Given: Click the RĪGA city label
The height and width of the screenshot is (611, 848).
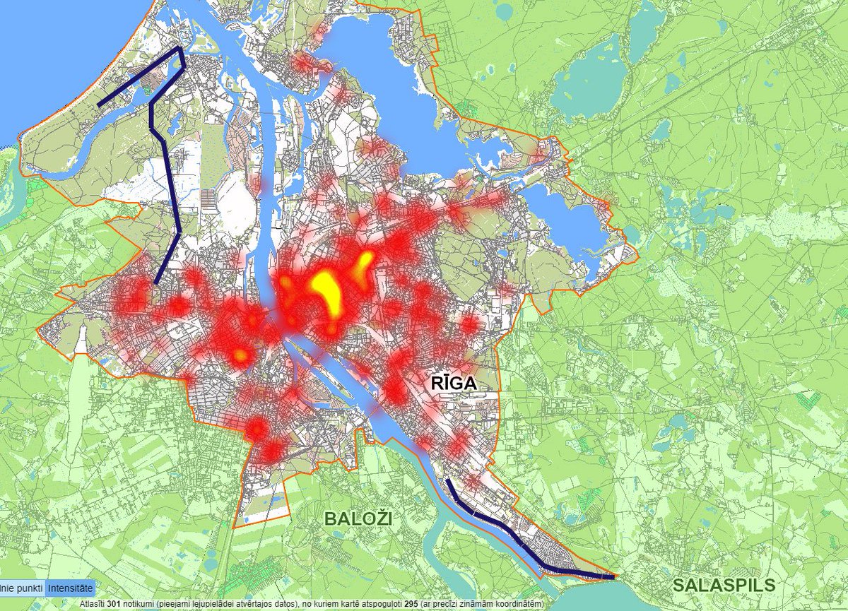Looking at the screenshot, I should (x=453, y=384).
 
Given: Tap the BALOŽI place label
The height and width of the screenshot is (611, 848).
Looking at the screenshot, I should (x=358, y=518).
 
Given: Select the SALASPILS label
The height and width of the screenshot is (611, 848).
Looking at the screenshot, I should (x=724, y=585).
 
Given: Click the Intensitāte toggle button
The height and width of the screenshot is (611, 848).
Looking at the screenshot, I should (x=70, y=588).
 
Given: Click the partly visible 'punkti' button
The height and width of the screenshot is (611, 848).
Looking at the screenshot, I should (x=21, y=588).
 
